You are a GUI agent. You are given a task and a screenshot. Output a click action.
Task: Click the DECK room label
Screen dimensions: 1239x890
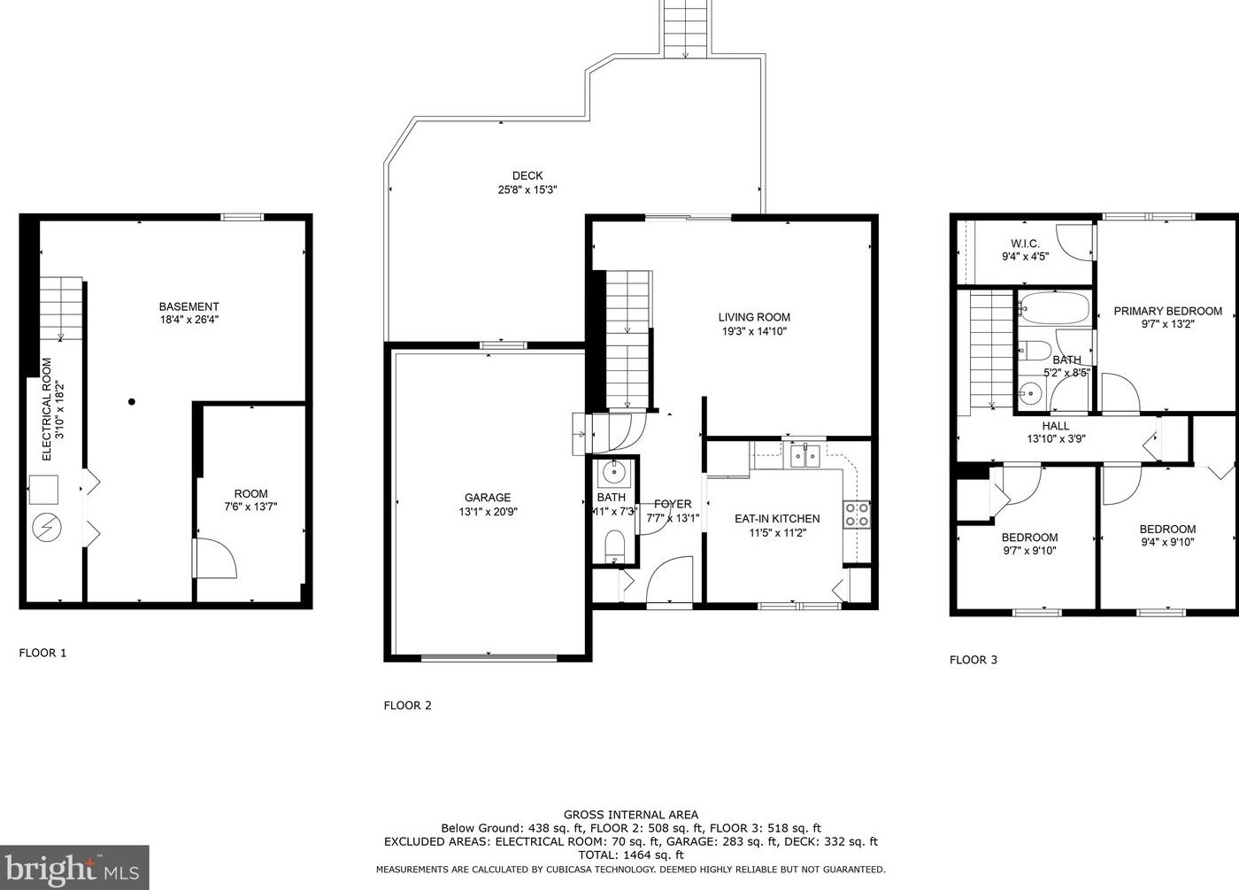[527, 175]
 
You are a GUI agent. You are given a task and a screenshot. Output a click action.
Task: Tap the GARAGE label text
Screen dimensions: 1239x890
[488, 498]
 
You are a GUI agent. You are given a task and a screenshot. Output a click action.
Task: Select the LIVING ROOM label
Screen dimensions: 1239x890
[754, 317]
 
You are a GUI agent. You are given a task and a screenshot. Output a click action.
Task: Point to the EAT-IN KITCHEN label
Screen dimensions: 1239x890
[777, 519]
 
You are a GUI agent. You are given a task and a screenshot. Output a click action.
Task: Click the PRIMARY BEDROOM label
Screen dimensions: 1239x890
[1167, 311]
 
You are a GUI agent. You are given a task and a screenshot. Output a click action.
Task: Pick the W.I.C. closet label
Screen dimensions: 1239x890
[1025, 244]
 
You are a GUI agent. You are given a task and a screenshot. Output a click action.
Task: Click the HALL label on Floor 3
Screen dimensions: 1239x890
[1055, 426]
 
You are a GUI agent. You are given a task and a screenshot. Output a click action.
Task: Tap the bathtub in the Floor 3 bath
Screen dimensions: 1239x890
[1054, 308]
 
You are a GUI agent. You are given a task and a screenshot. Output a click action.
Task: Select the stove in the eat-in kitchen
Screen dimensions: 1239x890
[857, 515]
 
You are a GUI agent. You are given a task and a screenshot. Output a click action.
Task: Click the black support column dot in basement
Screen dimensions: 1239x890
[132, 402]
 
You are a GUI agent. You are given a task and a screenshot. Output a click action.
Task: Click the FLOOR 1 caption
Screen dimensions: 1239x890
[42, 654]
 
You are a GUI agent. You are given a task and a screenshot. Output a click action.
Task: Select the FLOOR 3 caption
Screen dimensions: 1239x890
[973, 660]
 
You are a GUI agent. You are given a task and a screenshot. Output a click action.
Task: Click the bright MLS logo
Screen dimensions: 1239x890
[74, 867]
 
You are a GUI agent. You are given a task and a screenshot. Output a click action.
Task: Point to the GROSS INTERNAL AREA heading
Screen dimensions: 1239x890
[630, 815]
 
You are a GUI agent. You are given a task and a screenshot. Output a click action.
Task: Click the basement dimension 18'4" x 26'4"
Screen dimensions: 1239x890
[189, 320]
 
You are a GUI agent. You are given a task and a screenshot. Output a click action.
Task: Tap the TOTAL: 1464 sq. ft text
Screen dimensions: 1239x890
[630, 855]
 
